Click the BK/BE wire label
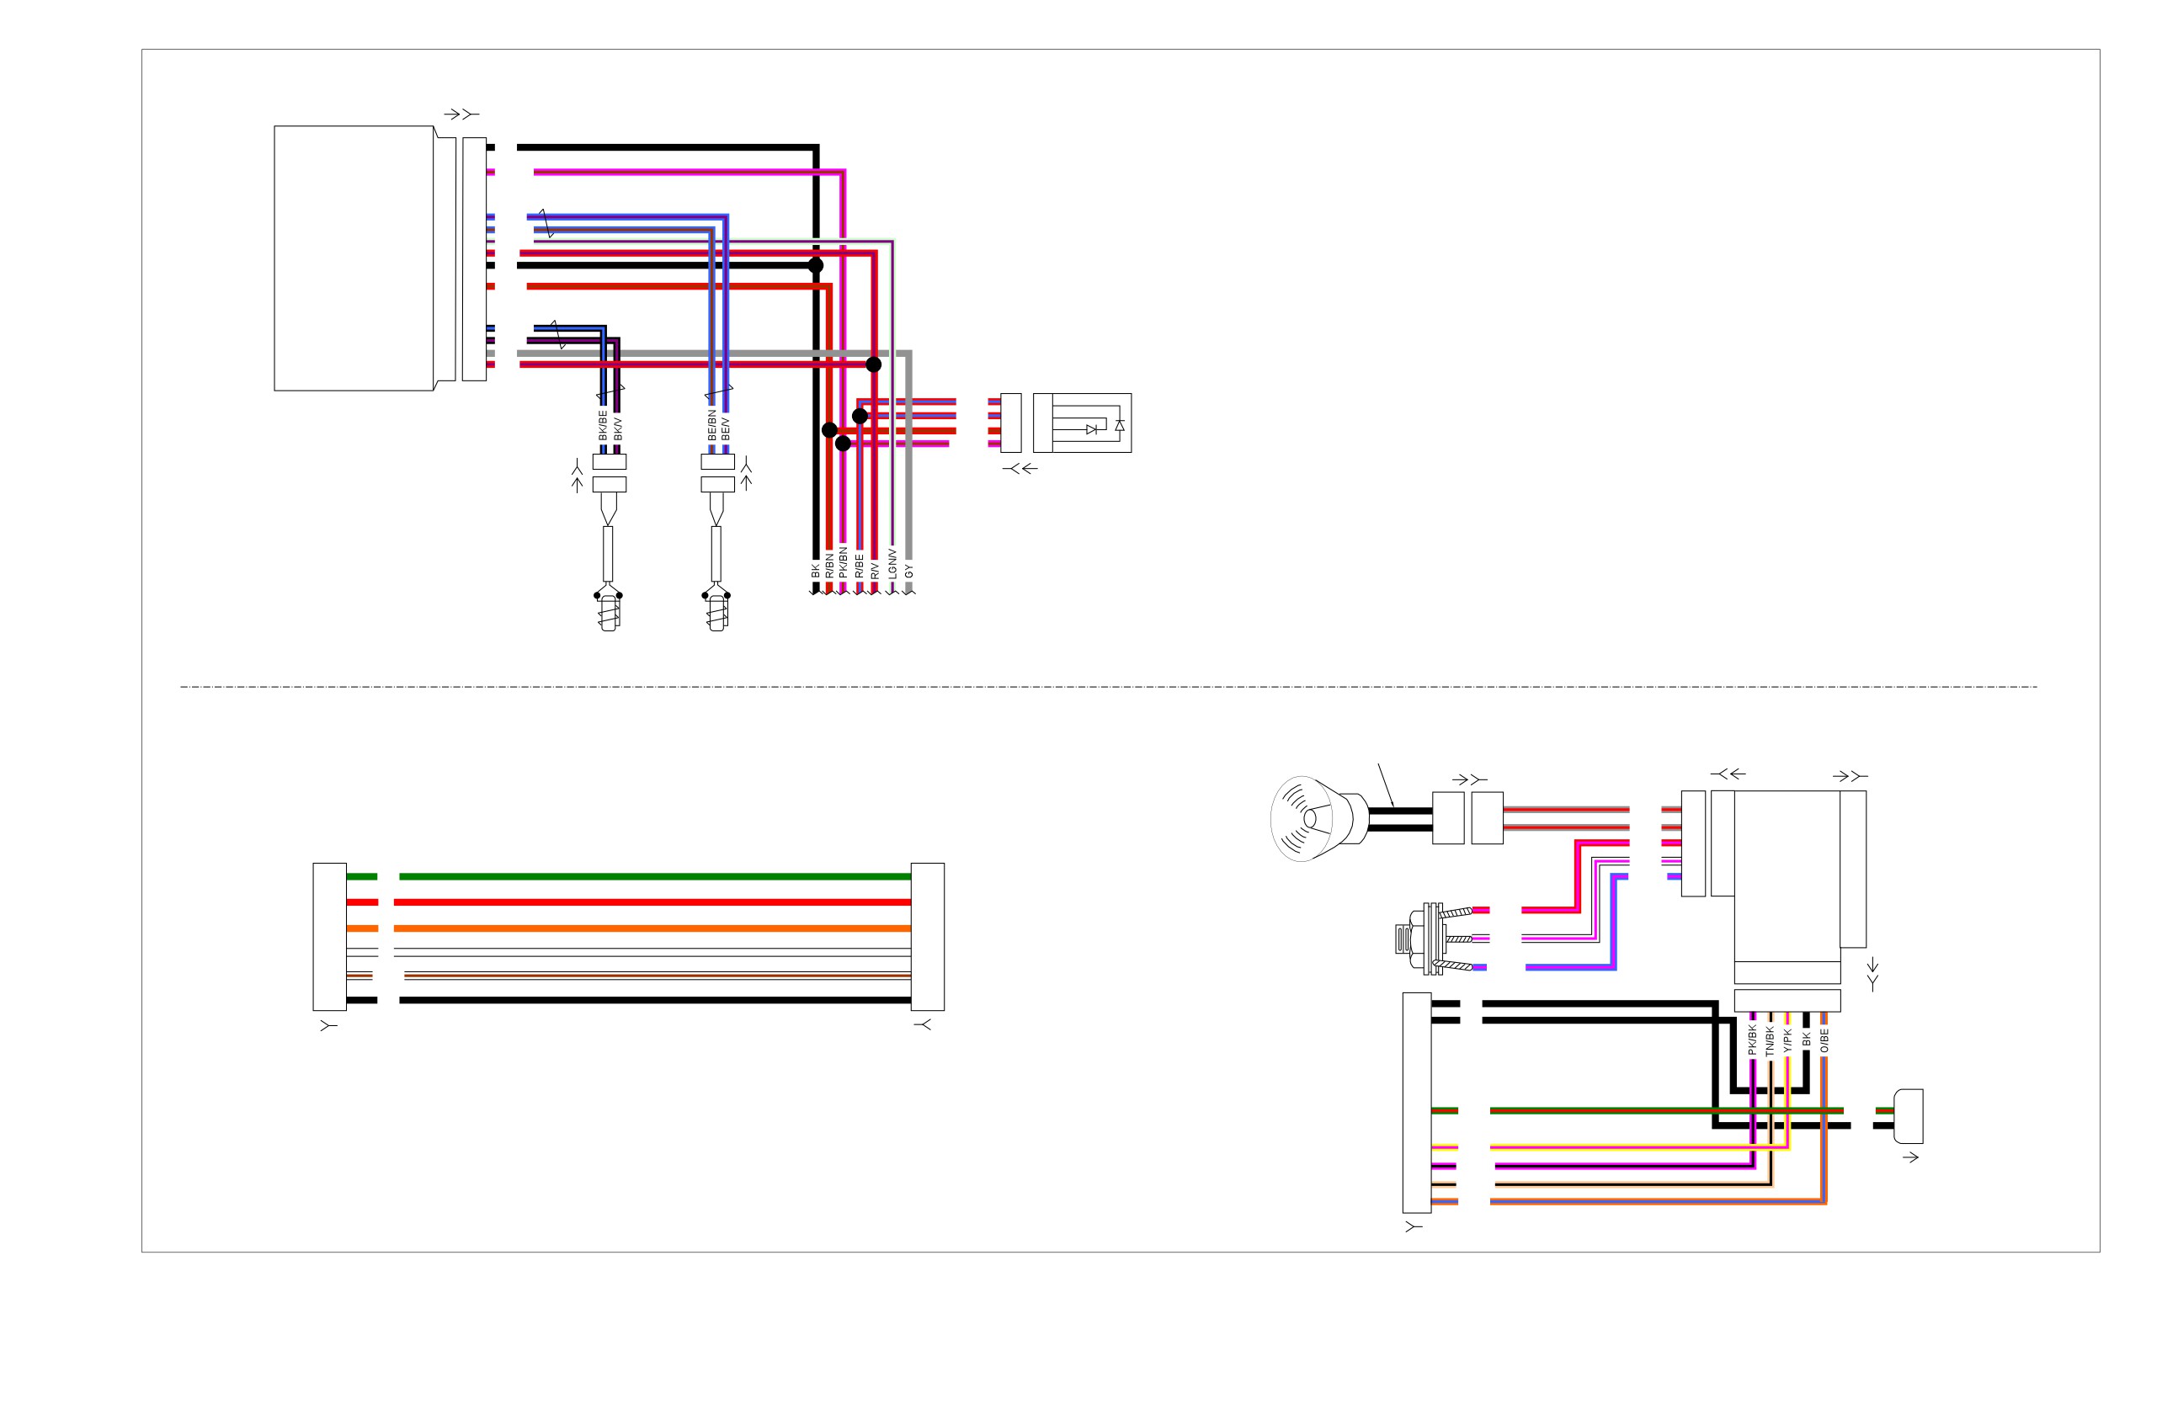(x=603, y=425)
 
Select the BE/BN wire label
(x=712, y=425)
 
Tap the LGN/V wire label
(x=892, y=564)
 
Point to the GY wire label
(x=908, y=571)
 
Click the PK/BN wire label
(x=843, y=562)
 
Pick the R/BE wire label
(x=859, y=566)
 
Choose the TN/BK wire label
(x=1769, y=1040)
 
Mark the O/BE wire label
(x=1824, y=1041)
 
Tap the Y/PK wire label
(x=1787, y=1041)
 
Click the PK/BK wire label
(x=1751, y=1040)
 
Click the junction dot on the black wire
(x=815, y=265)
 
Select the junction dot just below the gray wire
(x=874, y=364)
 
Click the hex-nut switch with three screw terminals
(x=1433, y=939)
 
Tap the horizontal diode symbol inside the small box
(x=1091, y=429)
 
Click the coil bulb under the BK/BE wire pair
(x=609, y=611)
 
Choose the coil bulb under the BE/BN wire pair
(x=716, y=611)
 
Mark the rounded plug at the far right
(x=1908, y=1116)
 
